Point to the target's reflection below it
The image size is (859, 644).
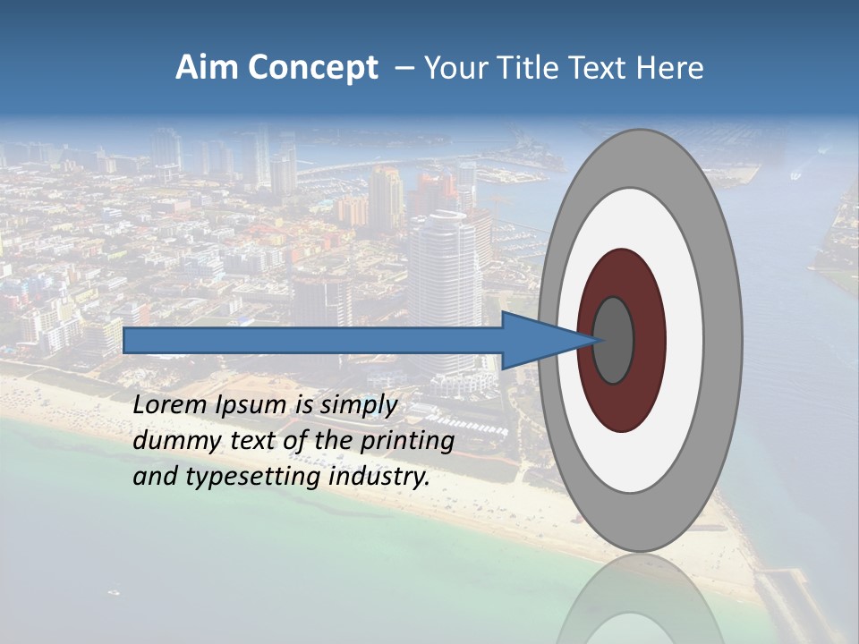[x=641, y=608]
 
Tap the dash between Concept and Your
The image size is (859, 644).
[x=404, y=68]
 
